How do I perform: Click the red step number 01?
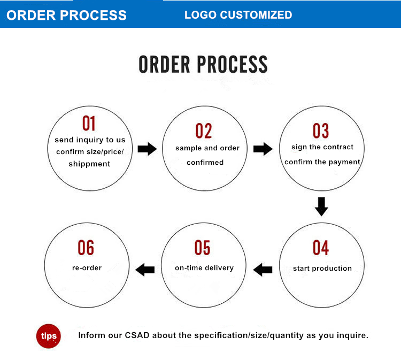click(89, 123)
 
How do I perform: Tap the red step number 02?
click(204, 131)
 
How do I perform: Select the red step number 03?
click(321, 131)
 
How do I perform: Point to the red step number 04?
click(321, 248)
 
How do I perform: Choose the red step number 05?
click(203, 248)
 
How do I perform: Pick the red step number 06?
click(86, 248)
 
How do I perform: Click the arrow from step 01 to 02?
click(147, 149)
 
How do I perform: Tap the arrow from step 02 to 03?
click(263, 149)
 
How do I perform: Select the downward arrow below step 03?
click(321, 206)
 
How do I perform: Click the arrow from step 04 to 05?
click(263, 269)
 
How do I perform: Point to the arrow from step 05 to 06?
click(145, 269)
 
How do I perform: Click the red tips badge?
click(49, 336)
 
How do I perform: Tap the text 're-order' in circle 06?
click(87, 267)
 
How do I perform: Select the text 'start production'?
click(322, 268)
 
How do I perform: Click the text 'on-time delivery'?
click(204, 267)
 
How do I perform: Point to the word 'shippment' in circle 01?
click(89, 164)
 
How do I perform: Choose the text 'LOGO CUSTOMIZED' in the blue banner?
click(238, 15)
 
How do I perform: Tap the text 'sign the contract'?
click(322, 147)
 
